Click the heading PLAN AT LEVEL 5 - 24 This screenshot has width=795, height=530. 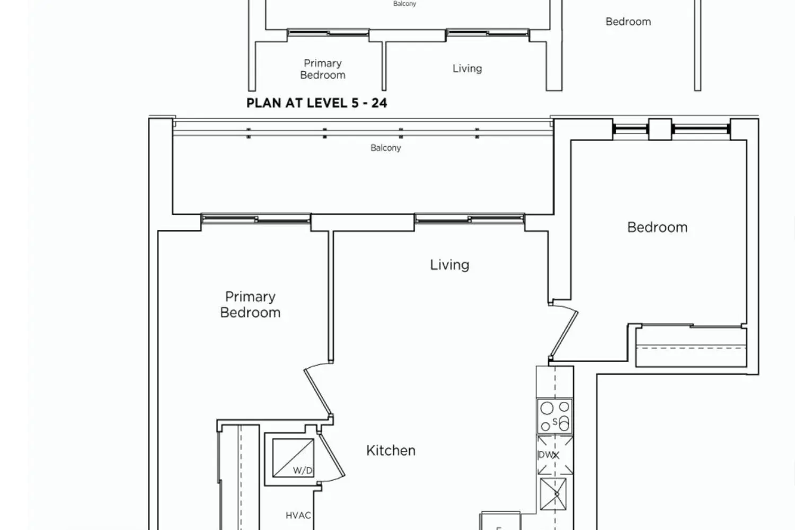[316, 103]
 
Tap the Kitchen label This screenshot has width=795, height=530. [391, 450]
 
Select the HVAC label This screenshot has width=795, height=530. [298, 515]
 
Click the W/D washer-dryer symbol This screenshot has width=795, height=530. [293, 458]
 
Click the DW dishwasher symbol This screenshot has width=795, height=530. [555, 455]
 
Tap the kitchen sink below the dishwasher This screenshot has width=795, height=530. [553, 494]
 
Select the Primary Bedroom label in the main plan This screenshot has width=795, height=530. [250, 305]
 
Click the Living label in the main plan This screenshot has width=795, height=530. [449, 265]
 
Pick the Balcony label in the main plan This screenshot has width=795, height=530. [385, 148]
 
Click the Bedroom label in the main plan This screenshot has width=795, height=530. [657, 227]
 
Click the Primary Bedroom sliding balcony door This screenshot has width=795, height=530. [256, 219]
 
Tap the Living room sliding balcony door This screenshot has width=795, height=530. [470, 219]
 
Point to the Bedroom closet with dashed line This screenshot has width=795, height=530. [691, 347]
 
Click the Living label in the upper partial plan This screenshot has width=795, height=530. [467, 68]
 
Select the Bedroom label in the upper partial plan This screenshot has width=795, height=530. [628, 22]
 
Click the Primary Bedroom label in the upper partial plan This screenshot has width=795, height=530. [323, 69]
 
